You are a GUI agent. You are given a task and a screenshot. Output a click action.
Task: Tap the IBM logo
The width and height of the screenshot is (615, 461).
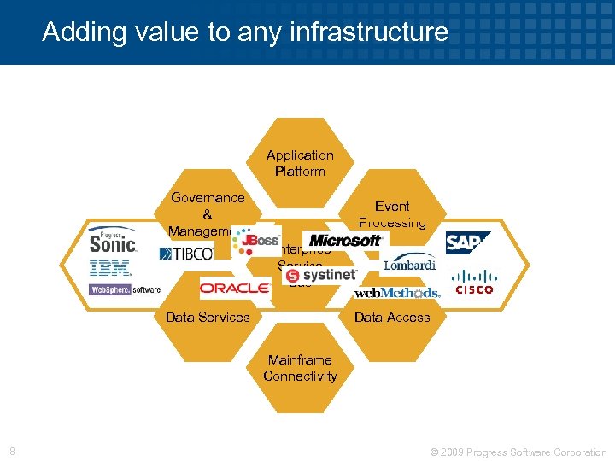(111, 268)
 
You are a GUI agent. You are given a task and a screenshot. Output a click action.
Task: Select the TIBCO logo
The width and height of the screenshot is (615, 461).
(188, 254)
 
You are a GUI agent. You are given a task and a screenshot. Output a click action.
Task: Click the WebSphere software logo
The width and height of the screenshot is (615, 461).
(125, 289)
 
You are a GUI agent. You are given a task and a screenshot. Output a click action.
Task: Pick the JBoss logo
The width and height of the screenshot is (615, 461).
(255, 241)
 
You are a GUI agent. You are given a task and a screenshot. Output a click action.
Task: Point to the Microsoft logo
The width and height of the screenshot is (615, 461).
(345, 241)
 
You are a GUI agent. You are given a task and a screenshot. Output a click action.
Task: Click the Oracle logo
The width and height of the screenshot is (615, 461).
(234, 289)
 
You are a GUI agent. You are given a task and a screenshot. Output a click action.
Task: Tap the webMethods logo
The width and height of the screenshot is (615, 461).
(397, 292)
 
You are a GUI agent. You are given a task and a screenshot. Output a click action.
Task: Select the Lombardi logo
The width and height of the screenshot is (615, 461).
(408, 265)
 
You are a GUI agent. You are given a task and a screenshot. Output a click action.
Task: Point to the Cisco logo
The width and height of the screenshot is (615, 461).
(473, 282)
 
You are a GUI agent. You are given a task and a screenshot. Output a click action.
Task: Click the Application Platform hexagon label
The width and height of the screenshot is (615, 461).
(300, 163)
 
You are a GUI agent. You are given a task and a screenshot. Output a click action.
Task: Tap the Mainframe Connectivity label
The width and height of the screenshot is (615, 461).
(300, 368)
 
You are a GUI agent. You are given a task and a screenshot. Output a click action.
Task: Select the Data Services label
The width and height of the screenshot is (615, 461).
(208, 317)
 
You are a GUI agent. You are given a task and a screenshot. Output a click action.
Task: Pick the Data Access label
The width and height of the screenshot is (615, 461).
(392, 317)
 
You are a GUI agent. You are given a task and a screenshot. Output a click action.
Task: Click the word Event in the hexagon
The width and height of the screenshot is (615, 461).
(392, 207)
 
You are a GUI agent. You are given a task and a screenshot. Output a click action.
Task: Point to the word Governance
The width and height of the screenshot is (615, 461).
(208, 197)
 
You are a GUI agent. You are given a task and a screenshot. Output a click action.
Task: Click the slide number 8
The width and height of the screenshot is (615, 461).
(12, 451)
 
